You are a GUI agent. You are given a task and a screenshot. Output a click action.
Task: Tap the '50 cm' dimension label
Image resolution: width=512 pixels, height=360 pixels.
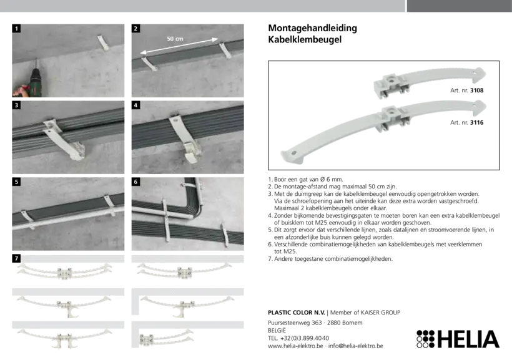[175, 39]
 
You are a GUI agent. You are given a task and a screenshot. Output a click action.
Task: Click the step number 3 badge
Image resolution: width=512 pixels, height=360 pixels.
[16, 105]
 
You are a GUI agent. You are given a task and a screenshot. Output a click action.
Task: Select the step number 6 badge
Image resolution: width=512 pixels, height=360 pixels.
[136, 182]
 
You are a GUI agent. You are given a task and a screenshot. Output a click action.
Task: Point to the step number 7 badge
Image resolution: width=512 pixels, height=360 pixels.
[16, 258]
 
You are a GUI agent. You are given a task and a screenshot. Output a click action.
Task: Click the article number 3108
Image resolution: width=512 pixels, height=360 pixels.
[477, 90]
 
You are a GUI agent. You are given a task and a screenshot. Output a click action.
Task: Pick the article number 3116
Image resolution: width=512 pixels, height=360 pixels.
[477, 123]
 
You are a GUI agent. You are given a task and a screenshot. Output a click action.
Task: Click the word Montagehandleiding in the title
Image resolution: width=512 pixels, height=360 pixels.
[312, 29]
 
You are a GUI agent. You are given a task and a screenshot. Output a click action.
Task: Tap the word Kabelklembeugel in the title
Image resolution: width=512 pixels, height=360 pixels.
[305, 39]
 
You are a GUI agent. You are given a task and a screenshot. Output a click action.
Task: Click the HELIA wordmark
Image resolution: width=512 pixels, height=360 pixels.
[468, 339]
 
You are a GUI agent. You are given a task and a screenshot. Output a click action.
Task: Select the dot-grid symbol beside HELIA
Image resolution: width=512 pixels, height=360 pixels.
[425, 339]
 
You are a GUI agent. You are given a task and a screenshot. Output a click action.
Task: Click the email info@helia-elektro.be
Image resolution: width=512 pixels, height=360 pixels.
[356, 346]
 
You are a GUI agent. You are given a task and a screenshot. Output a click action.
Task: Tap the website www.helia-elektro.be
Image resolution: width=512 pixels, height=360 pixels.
[295, 346]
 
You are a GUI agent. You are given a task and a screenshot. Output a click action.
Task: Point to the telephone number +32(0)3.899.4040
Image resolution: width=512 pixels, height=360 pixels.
[305, 338]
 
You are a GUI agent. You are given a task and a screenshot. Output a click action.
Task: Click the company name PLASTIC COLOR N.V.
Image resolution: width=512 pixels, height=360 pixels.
[297, 313]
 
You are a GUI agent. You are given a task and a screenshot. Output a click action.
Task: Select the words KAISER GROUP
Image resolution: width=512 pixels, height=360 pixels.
[380, 313]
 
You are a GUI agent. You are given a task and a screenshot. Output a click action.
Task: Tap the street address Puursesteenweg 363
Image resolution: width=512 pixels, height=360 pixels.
[295, 323]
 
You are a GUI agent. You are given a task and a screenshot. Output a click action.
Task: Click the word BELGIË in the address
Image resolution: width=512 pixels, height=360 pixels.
[277, 330]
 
